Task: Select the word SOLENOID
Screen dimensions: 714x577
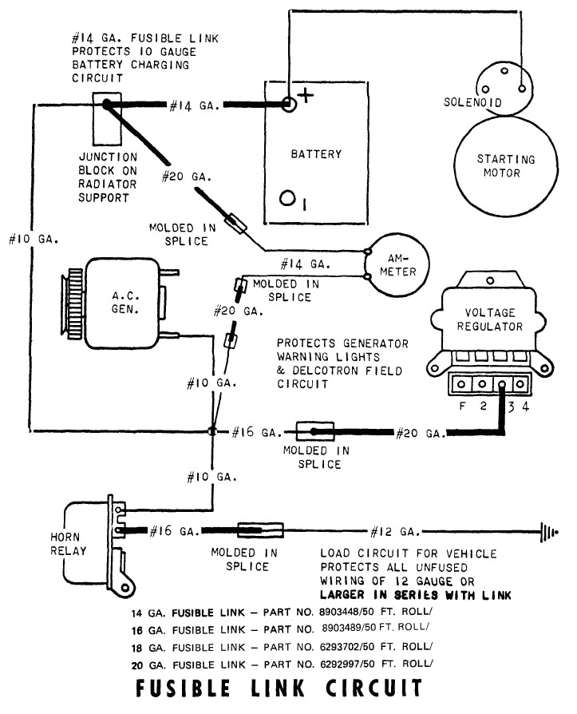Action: click(x=472, y=102)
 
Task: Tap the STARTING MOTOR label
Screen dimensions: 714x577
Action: click(x=505, y=165)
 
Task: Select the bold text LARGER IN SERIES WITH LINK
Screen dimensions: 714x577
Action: click(x=415, y=595)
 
